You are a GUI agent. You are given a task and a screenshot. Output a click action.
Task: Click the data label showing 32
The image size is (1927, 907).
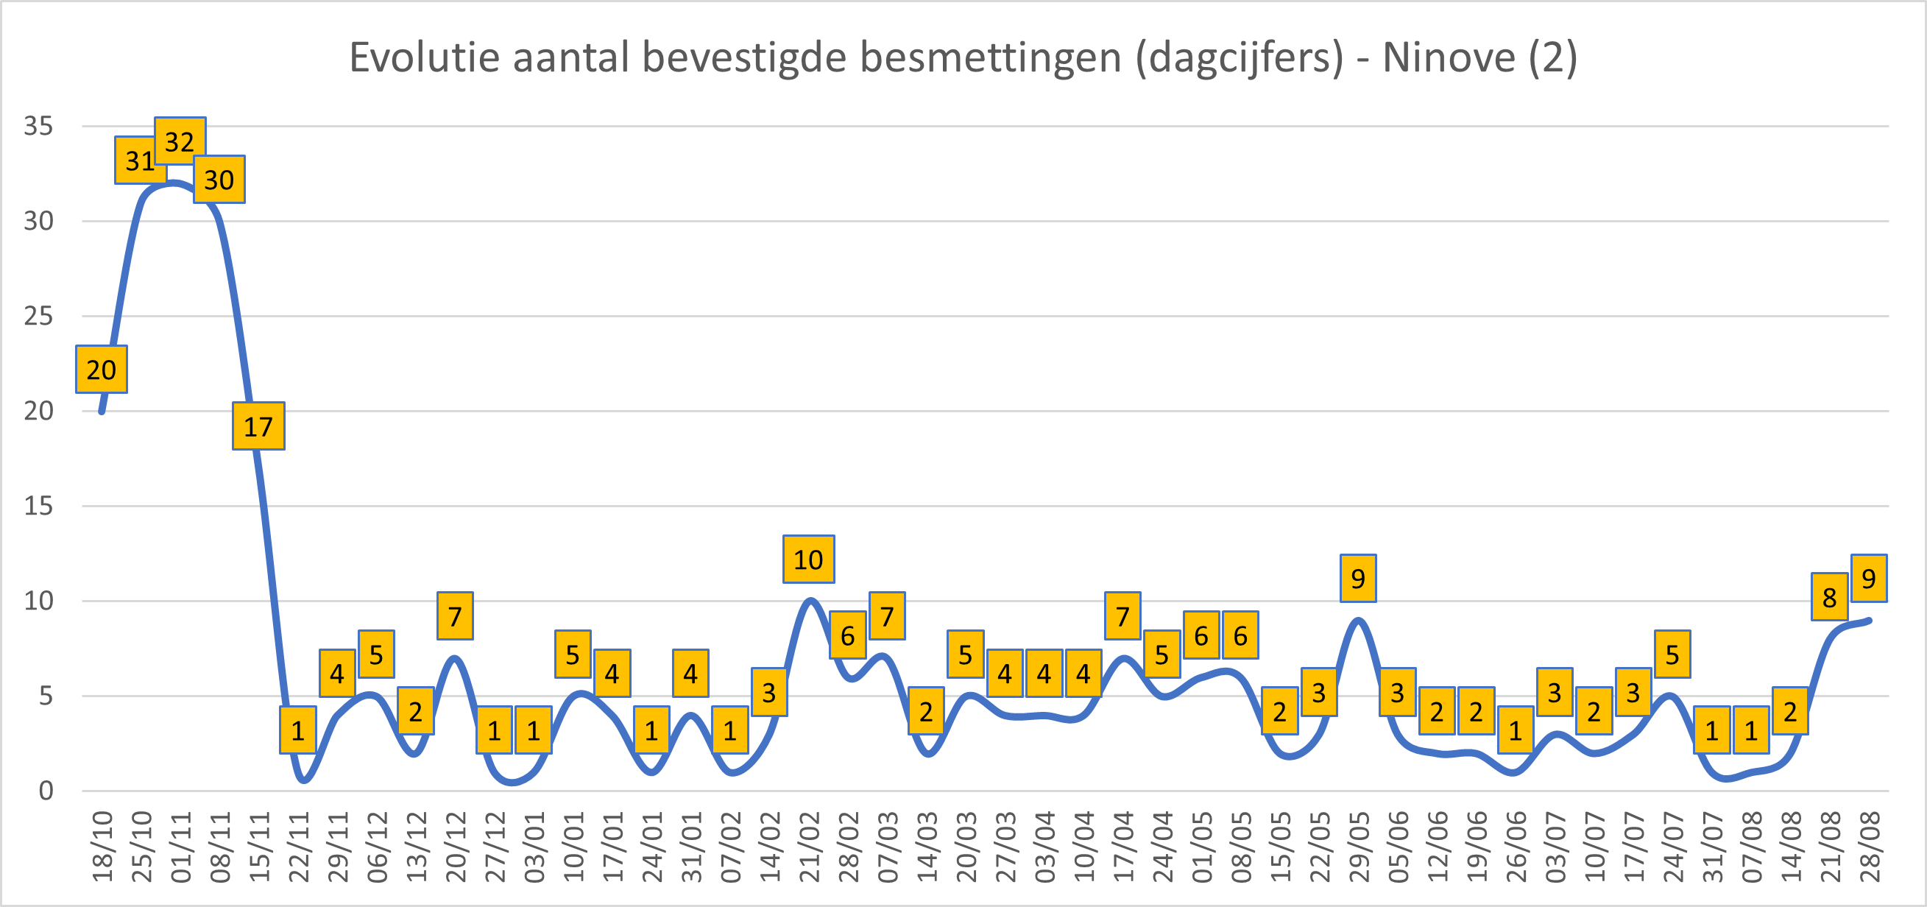point(180,141)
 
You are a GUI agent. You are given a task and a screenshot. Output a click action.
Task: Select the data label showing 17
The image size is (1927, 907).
point(258,426)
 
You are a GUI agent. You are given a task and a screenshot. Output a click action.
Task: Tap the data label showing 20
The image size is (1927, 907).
point(101,369)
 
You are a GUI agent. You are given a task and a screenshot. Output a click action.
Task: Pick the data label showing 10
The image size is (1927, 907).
point(808,559)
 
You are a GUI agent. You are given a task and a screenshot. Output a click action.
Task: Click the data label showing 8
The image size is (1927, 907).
point(1829,597)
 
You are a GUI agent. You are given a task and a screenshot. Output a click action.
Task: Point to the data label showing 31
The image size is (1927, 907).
point(139,160)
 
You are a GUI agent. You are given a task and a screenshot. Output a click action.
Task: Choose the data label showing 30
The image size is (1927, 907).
point(219,180)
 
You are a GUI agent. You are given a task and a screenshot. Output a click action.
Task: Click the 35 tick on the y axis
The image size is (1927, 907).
point(39,126)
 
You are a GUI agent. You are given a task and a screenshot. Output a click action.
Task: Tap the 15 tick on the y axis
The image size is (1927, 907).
point(39,506)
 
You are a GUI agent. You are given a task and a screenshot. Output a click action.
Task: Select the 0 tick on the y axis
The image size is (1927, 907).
point(46,791)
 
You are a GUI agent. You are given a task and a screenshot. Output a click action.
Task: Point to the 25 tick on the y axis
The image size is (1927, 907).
point(39,316)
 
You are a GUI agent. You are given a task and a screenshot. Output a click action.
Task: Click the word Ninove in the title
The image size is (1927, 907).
point(1449,57)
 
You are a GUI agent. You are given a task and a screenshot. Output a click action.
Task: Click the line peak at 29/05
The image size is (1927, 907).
point(1359,621)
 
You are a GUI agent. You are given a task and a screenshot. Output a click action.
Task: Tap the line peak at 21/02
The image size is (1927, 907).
point(810,601)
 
